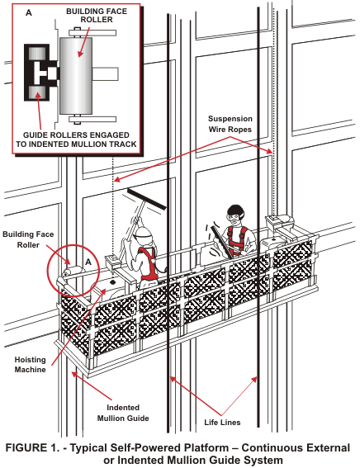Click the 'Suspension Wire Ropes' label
(x=230, y=124)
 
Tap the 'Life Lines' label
(x=222, y=423)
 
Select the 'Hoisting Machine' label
(x=31, y=365)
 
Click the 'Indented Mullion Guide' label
(x=123, y=413)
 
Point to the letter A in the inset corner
(x=29, y=12)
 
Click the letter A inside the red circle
(x=88, y=262)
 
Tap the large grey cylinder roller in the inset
(x=76, y=75)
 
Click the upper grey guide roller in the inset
(x=36, y=53)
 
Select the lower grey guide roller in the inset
(x=37, y=92)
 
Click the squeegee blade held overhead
(x=147, y=199)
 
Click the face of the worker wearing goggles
(x=235, y=220)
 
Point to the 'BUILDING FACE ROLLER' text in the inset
(x=97, y=16)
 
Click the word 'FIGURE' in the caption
(x=26, y=448)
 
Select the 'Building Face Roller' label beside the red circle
(x=28, y=239)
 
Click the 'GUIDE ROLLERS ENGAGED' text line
(x=76, y=135)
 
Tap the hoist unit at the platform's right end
(x=279, y=221)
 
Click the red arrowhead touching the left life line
(x=173, y=379)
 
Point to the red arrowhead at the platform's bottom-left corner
(x=73, y=374)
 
